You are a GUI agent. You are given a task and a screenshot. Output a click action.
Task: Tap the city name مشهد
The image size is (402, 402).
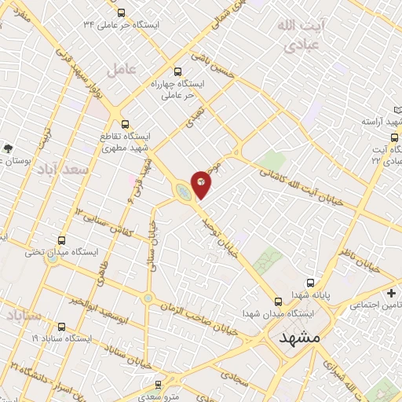(x=300, y=337)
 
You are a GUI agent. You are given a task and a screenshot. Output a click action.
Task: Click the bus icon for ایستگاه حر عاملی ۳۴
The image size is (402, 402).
(x=120, y=13)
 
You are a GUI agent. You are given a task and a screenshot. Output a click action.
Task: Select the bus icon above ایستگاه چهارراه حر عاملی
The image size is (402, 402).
(x=177, y=70)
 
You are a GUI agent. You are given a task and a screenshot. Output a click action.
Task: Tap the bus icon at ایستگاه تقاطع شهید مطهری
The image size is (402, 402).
(x=125, y=122)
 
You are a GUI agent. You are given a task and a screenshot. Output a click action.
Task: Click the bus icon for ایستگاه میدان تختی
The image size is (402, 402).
(x=62, y=241)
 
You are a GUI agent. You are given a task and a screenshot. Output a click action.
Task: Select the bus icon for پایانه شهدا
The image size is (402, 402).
(x=311, y=283)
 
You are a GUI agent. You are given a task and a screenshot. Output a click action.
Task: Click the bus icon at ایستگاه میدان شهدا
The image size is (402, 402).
(x=278, y=301)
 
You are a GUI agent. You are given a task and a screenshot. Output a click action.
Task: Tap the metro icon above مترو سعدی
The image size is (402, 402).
(x=159, y=385)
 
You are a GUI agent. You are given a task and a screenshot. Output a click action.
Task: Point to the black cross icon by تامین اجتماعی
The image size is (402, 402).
(x=391, y=292)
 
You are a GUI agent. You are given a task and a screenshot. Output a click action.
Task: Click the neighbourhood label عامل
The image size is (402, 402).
(x=122, y=68)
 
